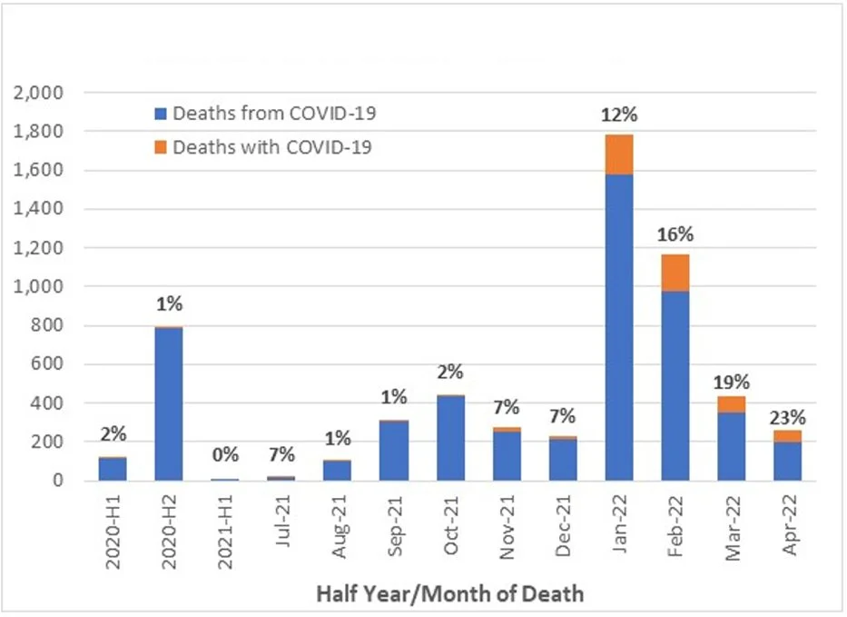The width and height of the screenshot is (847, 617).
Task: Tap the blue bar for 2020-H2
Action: click(168, 403)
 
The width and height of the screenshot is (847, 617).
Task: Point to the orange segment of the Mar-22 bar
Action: click(732, 403)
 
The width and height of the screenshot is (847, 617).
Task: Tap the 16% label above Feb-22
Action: click(675, 235)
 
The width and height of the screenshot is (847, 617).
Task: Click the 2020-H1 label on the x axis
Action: click(113, 532)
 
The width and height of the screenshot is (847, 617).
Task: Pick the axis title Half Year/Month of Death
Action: click(449, 595)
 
